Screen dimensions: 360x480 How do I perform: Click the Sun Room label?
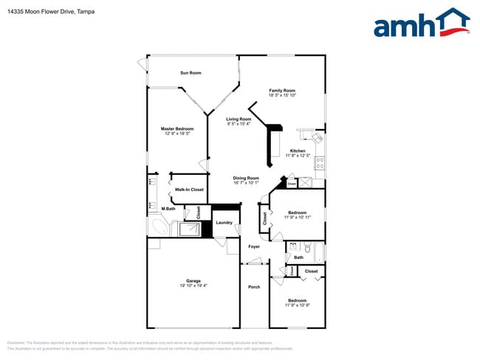pyautogui.click(x=191, y=73)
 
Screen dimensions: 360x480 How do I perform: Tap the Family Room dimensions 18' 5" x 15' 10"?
pyautogui.click(x=281, y=95)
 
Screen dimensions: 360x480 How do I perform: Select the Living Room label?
pyautogui.click(x=239, y=120)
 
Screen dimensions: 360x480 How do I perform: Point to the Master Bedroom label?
pyautogui.click(x=177, y=128)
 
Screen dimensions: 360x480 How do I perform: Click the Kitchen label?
pyautogui.click(x=297, y=151)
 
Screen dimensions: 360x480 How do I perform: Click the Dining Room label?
pyautogui.click(x=246, y=178)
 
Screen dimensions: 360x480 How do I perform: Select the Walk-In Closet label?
pyautogui.click(x=189, y=190)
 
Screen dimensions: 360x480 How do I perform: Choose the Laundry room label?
pyautogui.click(x=224, y=222)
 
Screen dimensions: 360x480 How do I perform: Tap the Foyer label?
pyautogui.click(x=254, y=246)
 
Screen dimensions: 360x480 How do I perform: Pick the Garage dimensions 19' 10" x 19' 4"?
pyautogui.click(x=193, y=285)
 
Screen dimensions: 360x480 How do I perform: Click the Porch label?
pyautogui.click(x=254, y=287)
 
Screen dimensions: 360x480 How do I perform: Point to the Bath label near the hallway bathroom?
pyautogui.click(x=298, y=257)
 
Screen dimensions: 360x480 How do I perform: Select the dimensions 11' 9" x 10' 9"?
pyautogui.click(x=297, y=305)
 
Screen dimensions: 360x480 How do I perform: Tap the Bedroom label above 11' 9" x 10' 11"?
pyautogui.click(x=297, y=212)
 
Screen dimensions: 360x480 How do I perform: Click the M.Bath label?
pyautogui.click(x=169, y=209)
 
